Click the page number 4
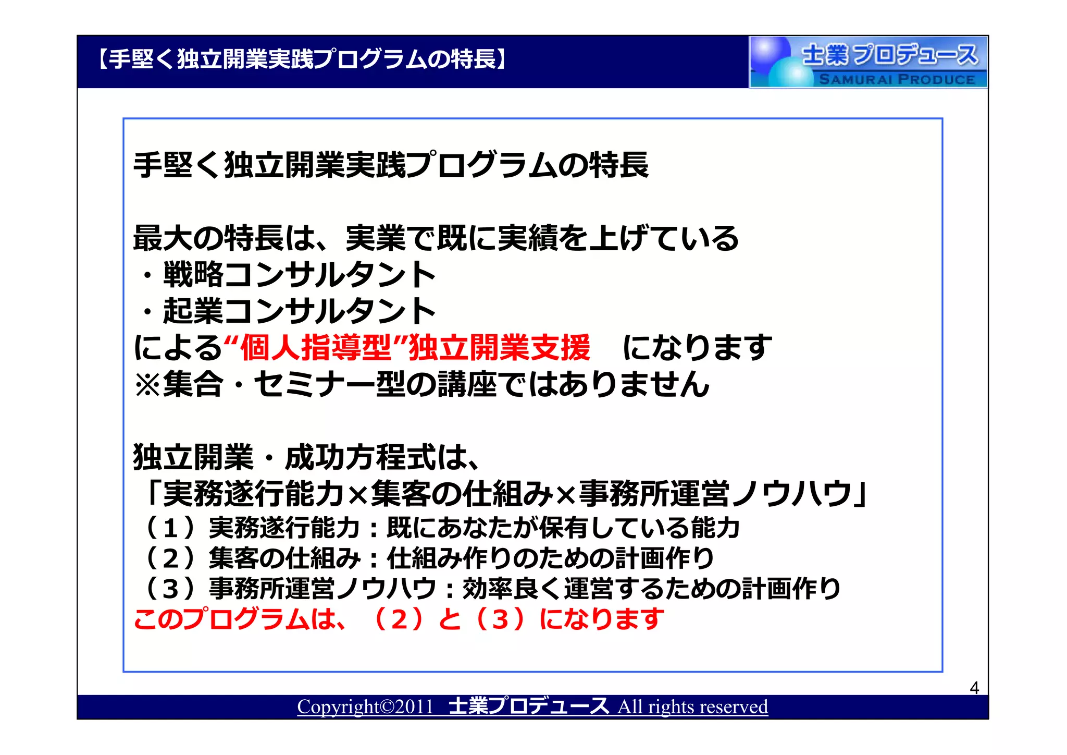point(974,688)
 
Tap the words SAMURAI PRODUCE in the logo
point(897,79)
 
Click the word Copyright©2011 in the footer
point(365,707)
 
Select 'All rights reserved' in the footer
point(692,707)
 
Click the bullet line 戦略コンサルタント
point(299,275)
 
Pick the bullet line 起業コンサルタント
point(299,311)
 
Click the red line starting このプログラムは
point(399,619)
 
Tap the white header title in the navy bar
point(302,59)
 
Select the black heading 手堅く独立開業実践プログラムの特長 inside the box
point(391,165)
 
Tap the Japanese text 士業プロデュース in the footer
point(528,706)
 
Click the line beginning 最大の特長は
point(436,238)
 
